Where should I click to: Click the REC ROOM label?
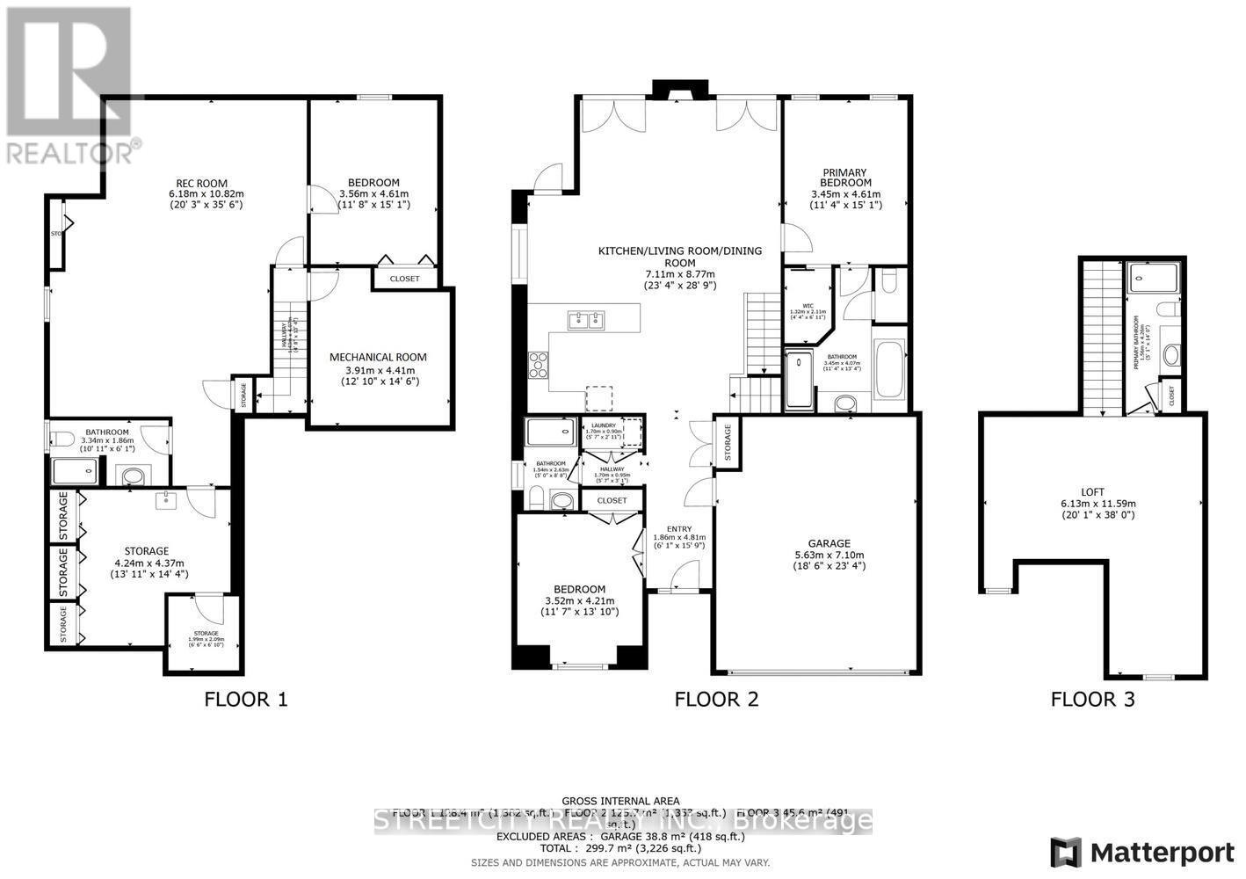(206, 182)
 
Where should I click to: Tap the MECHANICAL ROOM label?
(378, 357)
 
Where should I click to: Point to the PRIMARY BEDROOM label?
(844, 178)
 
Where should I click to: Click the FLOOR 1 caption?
(246, 700)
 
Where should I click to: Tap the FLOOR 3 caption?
(1092, 700)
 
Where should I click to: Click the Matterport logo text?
(1162, 852)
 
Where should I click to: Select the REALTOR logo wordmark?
(70, 151)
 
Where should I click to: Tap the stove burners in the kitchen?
(537, 364)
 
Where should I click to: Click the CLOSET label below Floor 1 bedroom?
(405, 279)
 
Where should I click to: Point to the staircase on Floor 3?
(1102, 338)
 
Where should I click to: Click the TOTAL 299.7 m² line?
(621, 848)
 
